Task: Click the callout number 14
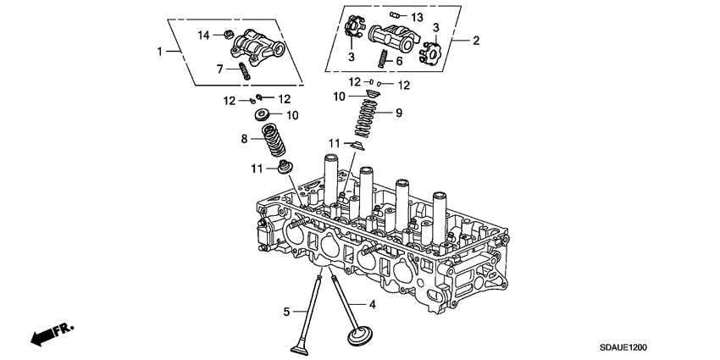[x=203, y=35]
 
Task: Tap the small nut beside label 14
[x=228, y=35]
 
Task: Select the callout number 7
[x=219, y=69]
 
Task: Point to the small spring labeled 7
[x=243, y=71]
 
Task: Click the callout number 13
[x=417, y=17]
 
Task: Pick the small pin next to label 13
[x=395, y=14]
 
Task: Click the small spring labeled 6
[x=382, y=58]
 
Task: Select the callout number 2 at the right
[x=476, y=40]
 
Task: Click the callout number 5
[x=286, y=311]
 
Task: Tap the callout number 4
[x=370, y=302]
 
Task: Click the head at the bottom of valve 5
[x=299, y=346]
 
